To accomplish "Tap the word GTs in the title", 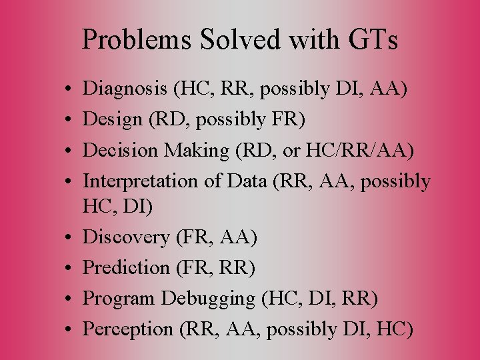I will (372, 41).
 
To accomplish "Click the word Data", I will (245, 181).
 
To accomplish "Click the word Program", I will (119, 298).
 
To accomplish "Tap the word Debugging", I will (207, 298).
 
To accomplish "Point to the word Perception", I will (127, 329).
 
